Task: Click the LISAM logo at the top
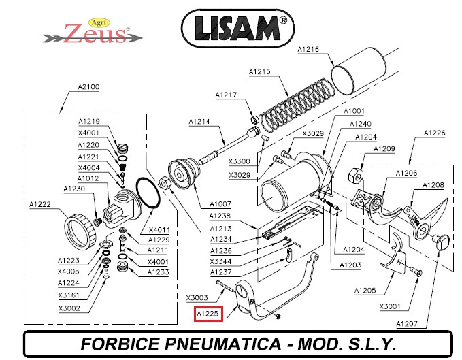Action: pyautogui.click(x=237, y=29)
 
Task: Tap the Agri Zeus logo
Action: pyautogui.click(x=93, y=31)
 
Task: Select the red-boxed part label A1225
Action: pyautogui.click(x=208, y=314)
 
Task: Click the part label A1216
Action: pyautogui.click(x=308, y=49)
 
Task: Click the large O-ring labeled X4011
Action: pyautogui.click(x=148, y=193)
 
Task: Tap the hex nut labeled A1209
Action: pyautogui.click(x=356, y=176)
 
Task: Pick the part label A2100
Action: pyautogui.click(x=88, y=87)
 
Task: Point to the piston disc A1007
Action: pyautogui.click(x=184, y=174)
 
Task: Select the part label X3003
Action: pyautogui.click(x=197, y=298)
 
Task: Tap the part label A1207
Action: pyautogui.click(x=407, y=324)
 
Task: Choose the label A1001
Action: pyautogui.click(x=354, y=111)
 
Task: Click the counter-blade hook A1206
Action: pyautogui.click(x=383, y=211)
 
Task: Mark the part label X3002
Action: pyautogui.click(x=69, y=308)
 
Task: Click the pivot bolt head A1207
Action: pyautogui.click(x=441, y=241)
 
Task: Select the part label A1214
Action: pyautogui.click(x=199, y=121)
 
